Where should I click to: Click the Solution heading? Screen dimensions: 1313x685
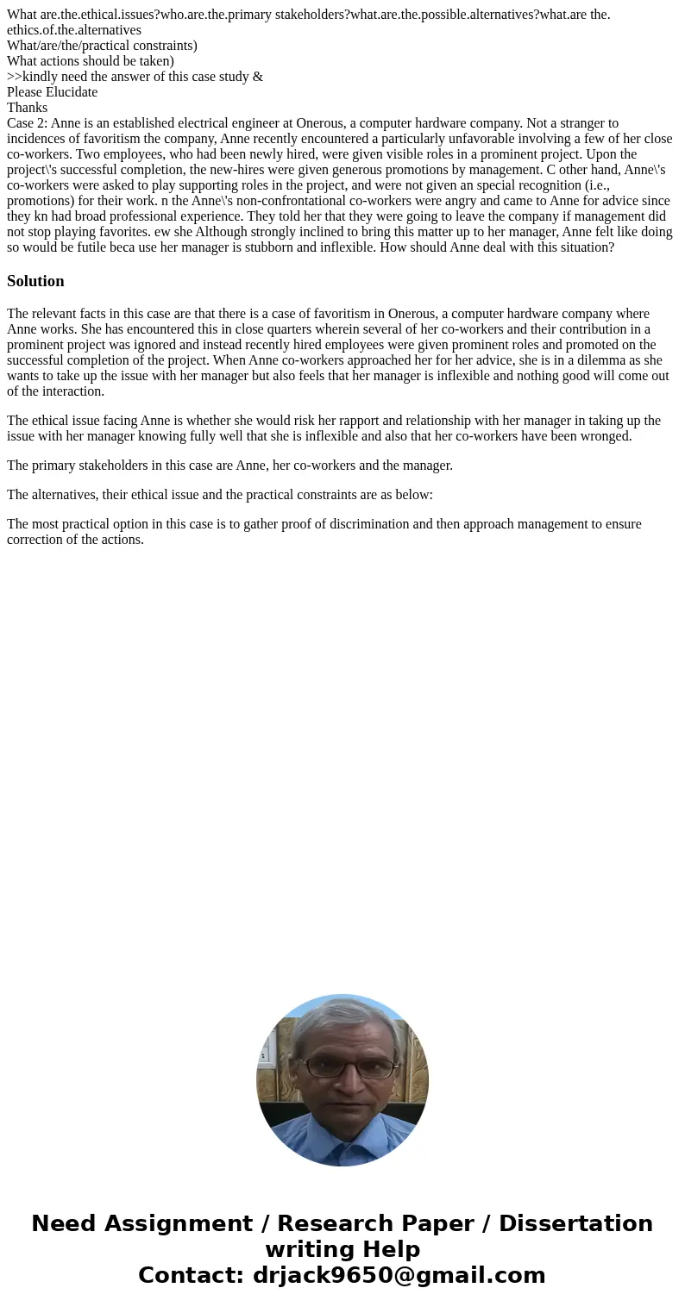[35, 281]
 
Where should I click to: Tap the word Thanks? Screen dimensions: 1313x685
[27, 108]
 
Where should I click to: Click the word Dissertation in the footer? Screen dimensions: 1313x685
[575, 1223]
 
